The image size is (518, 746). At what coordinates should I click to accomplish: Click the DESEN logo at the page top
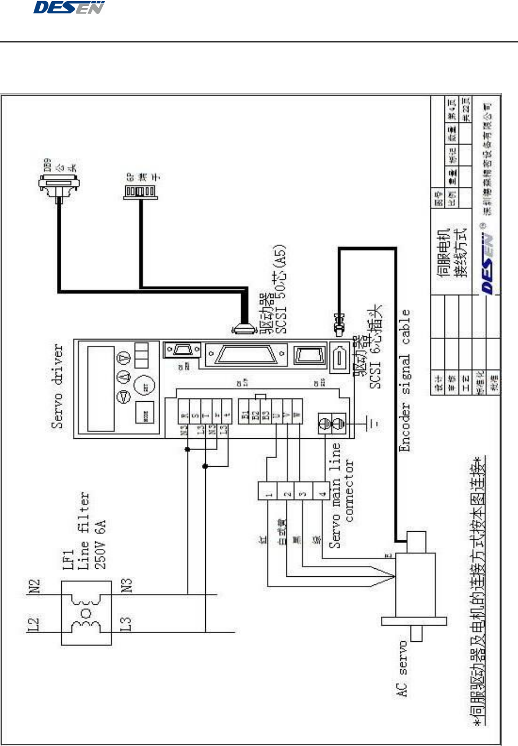pos(68,8)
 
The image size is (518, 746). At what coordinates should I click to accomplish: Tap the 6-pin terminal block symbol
pos(141,192)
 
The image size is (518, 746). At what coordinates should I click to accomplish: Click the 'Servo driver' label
pos(57,387)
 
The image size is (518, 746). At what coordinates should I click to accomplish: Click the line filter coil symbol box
pos(86,613)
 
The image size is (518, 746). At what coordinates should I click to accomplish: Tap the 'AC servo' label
pos(402,669)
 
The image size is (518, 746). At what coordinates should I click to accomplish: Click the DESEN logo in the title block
pos(487,263)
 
